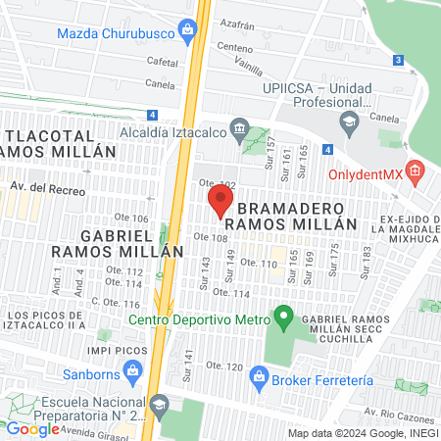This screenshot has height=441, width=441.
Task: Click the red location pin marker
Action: point(220,203)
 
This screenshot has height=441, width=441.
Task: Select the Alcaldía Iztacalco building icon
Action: point(238,128)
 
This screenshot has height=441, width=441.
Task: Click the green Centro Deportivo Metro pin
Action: point(283,318)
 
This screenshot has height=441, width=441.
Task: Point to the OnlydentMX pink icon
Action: point(416,173)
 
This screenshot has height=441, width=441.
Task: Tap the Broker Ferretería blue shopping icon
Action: point(258,375)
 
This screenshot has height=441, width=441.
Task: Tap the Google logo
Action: point(32,428)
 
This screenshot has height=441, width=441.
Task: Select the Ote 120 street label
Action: point(224,367)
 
